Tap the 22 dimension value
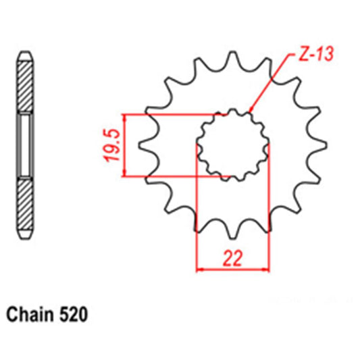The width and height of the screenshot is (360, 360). click(232, 258)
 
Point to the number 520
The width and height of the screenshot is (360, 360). click(72, 314)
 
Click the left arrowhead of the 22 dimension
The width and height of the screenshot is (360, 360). click(199, 270)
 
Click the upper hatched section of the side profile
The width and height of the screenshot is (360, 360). click(25, 84)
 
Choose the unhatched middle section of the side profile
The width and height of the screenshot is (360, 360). click(25, 145)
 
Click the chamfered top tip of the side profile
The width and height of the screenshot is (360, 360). click(25, 54)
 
